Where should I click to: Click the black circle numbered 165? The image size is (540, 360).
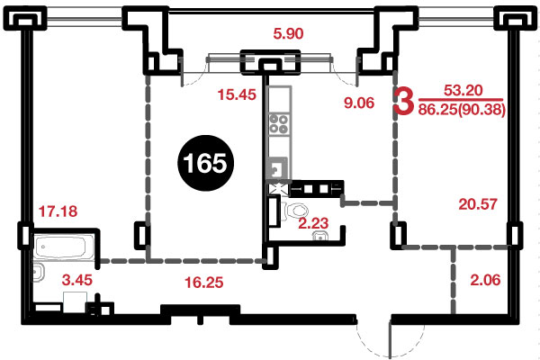(x=205, y=163)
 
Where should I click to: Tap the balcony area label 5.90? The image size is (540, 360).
(x=288, y=34)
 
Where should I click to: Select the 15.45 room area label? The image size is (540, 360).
(x=237, y=94)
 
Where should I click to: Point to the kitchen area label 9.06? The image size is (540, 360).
(x=359, y=103)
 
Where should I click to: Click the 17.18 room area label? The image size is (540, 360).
(x=58, y=211)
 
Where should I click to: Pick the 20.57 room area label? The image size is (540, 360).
(x=478, y=204)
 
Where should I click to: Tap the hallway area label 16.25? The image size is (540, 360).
(x=204, y=283)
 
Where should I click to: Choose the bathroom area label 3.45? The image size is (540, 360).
(x=77, y=280)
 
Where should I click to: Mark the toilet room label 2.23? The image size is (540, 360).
(x=313, y=223)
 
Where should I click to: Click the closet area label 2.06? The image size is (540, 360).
(x=485, y=280)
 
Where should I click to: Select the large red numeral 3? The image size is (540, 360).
(x=403, y=101)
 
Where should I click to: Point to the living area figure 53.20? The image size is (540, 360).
(x=463, y=90)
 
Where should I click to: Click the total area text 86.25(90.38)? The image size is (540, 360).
(x=462, y=110)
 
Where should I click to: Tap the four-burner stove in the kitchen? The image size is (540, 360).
(x=279, y=124)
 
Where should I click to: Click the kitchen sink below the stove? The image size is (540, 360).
(x=277, y=168)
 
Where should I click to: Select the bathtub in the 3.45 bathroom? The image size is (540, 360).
(x=63, y=247)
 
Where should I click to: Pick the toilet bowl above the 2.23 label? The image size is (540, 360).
(x=296, y=211)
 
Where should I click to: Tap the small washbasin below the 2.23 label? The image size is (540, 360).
(x=320, y=236)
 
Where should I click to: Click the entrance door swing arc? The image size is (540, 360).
(x=373, y=339)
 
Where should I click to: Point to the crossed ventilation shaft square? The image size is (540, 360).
(x=278, y=189)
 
